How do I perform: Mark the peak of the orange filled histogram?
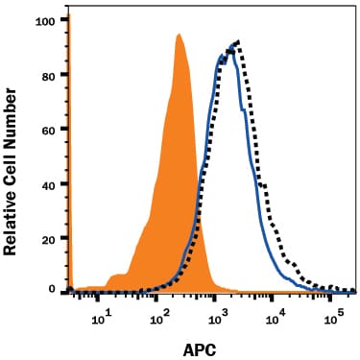[179, 36]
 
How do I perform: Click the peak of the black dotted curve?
[236, 42]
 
